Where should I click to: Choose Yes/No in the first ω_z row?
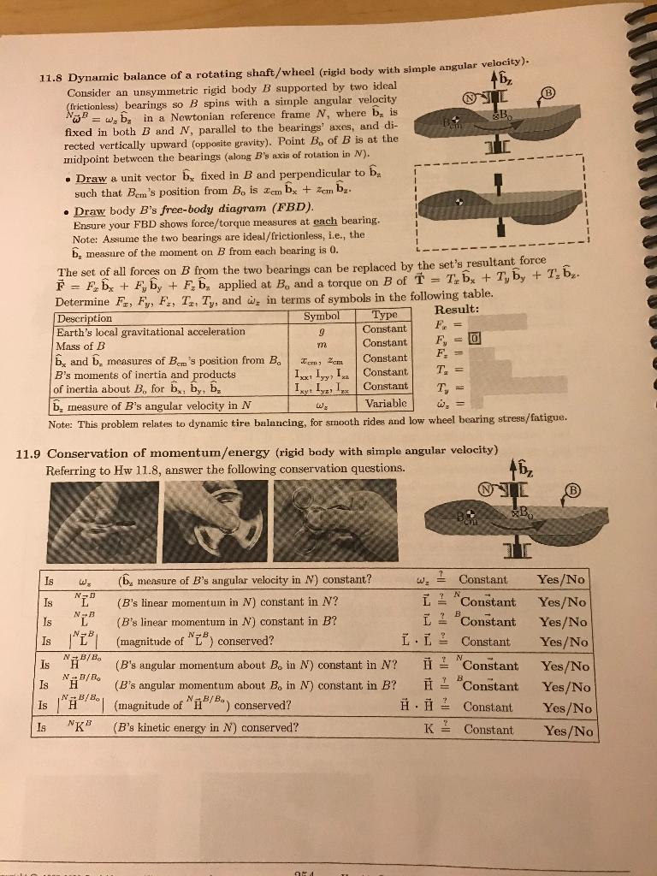(562, 579)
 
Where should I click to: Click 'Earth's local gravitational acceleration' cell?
(139, 331)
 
